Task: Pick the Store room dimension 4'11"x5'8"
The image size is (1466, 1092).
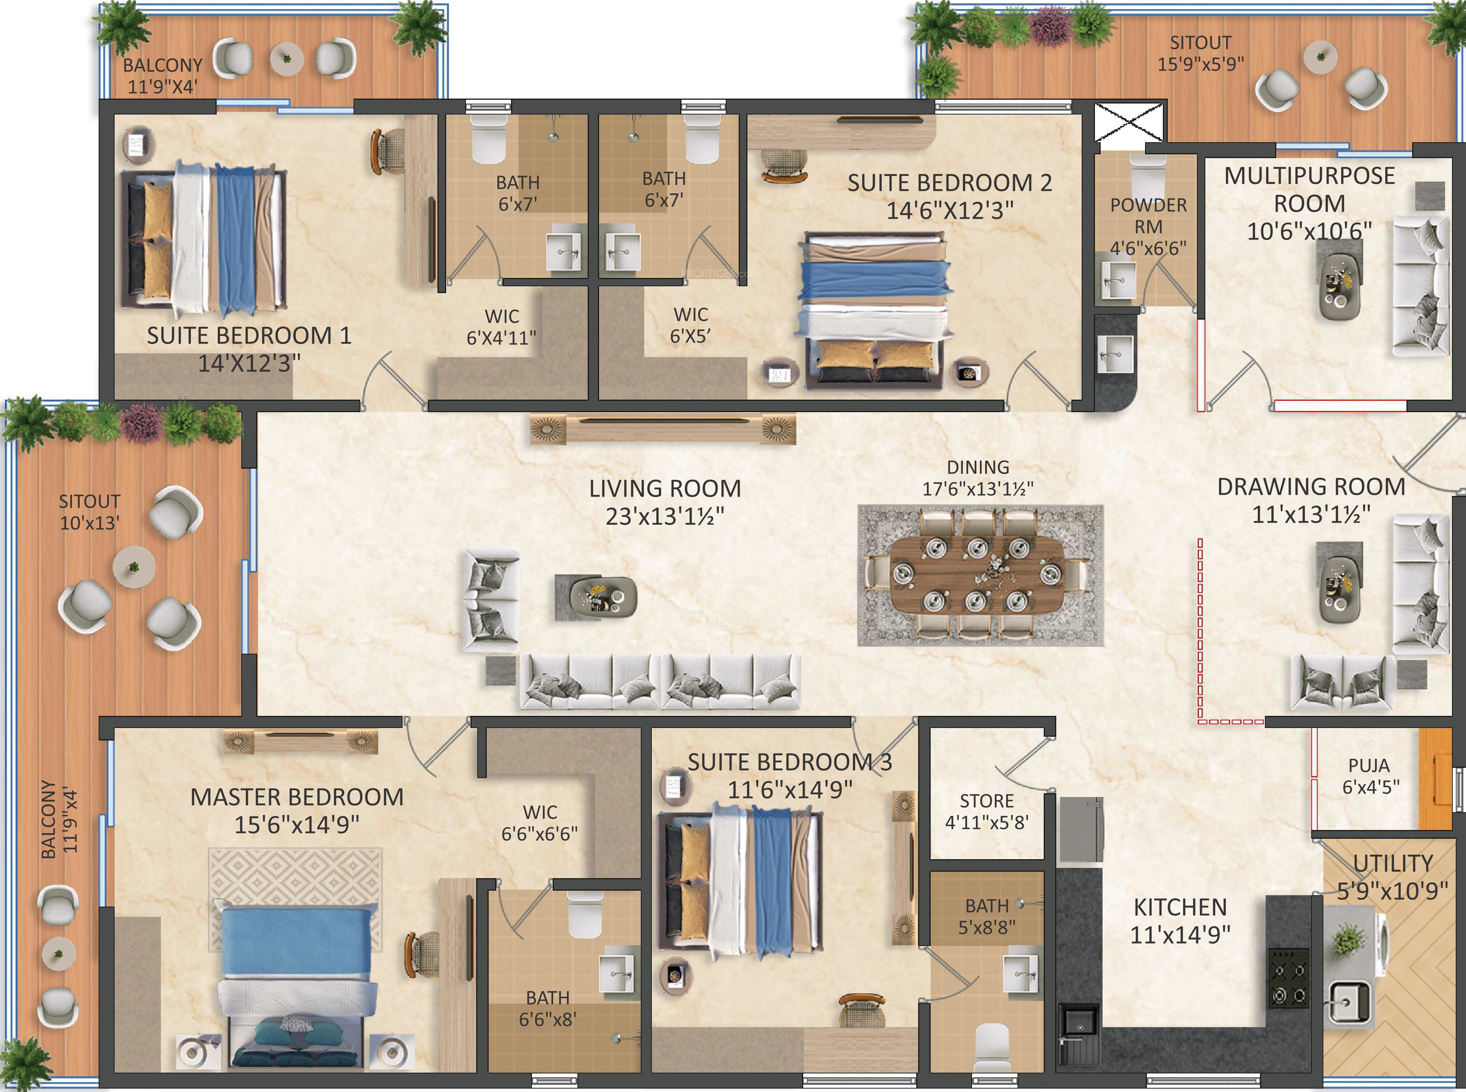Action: (986, 823)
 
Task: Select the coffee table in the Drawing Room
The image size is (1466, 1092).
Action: (1339, 582)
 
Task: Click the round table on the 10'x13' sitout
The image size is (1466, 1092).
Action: (134, 566)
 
